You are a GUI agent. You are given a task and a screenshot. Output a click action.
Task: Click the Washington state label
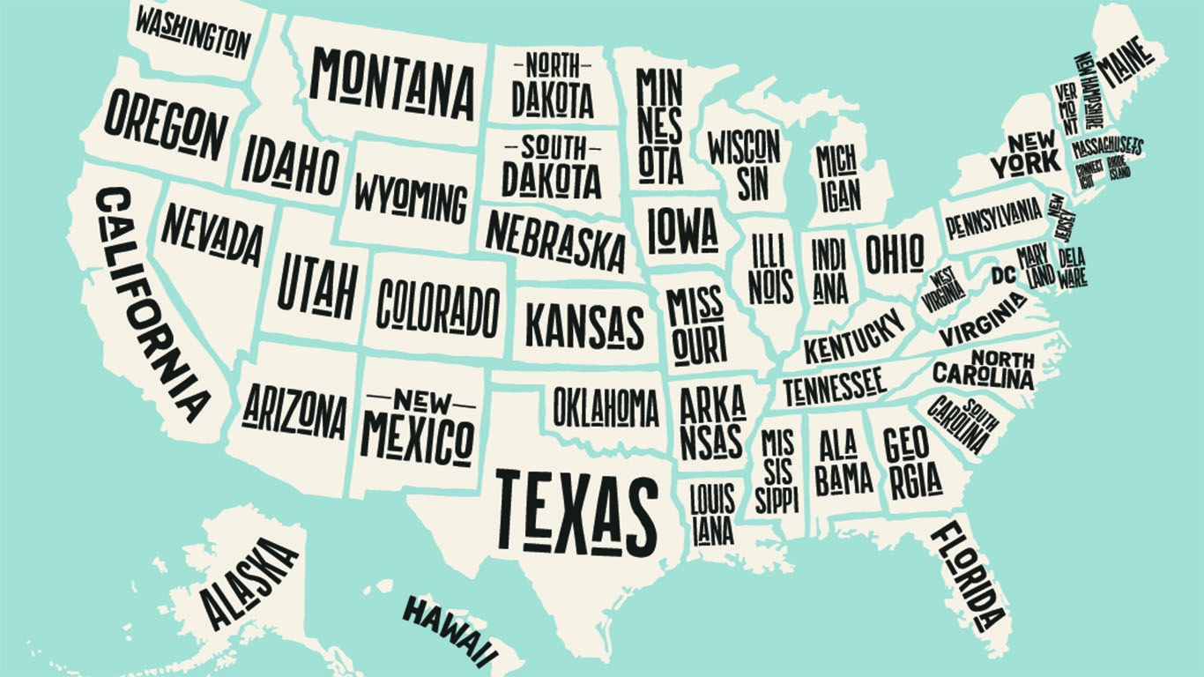click(x=193, y=32)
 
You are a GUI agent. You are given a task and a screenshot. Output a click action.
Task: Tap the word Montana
click(x=392, y=84)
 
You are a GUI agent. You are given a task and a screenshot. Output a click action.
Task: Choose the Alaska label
click(x=249, y=583)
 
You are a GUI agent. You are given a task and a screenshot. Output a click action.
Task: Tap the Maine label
click(x=1126, y=62)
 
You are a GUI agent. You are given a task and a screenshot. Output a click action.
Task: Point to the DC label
click(x=1002, y=275)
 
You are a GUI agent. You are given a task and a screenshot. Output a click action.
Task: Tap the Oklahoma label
click(x=606, y=407)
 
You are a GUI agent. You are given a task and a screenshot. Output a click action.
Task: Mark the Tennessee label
click(x=834, y=384)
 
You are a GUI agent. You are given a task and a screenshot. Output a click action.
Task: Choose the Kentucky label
click(x=853, y=336)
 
